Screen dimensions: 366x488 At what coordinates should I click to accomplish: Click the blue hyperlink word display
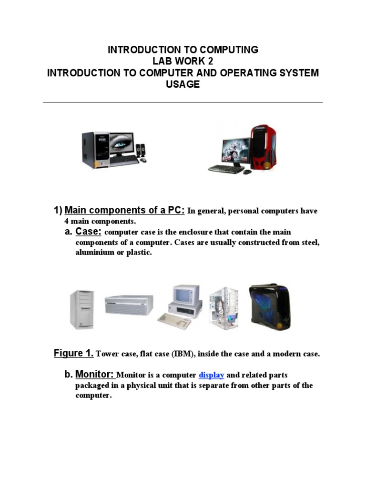[x=211, y=375]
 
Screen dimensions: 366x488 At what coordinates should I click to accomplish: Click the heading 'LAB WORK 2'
[x=183, y=61]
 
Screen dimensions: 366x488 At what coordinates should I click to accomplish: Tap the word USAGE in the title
[x=183, y=84]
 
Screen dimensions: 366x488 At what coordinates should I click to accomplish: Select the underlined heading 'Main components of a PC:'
[x=124, y=210]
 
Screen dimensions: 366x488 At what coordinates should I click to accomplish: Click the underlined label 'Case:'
[x=88, y=231]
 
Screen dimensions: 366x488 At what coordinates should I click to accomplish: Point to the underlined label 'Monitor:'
[x=95, y=374]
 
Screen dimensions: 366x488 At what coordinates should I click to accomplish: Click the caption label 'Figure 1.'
[x=73, y=353]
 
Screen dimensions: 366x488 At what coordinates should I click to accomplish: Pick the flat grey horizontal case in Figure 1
[x=129, y=305]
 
